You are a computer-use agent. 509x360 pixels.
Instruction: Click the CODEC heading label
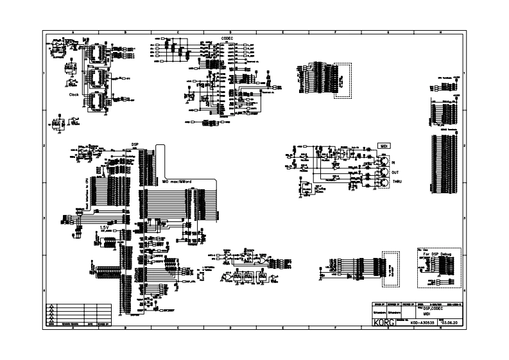(x=226, y=39)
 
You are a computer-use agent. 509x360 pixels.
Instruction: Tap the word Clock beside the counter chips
(x=74, y=94)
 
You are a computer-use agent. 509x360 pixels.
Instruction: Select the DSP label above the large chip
(x=135, y=144)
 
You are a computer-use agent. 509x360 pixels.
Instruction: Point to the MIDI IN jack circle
(x=383, y=163)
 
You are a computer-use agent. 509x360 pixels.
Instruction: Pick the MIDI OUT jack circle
(x=383, y=173)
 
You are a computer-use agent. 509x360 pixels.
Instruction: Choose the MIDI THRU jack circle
(x=383, y=184)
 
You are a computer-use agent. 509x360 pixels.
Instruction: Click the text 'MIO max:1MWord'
(x=177, y=181)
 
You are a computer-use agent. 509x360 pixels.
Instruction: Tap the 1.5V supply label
(x=103, y=227)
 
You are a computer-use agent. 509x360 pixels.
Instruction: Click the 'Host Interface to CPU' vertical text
(x=85, y=193)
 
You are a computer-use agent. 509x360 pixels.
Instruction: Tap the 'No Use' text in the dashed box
(x=423, y=249)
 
